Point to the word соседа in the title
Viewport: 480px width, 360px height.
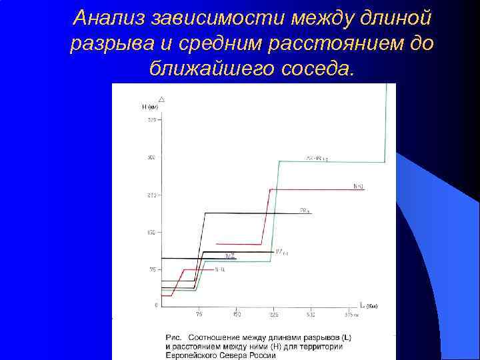(314, 67)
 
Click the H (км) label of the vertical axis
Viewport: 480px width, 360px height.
(150, 107)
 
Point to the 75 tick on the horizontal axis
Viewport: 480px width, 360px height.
(199, 314)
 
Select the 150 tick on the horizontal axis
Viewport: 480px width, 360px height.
(236, 314)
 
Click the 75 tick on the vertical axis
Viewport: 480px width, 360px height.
(151, 270)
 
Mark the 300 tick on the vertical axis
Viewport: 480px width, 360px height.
(151, 158)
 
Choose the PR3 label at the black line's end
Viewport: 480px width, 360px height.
(304, 211)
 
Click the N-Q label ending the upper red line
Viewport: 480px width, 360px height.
(359, 186)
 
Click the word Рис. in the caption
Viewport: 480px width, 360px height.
(173, 338)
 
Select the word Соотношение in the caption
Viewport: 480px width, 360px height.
(220, 338)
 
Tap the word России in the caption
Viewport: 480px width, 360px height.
(263, 355)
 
